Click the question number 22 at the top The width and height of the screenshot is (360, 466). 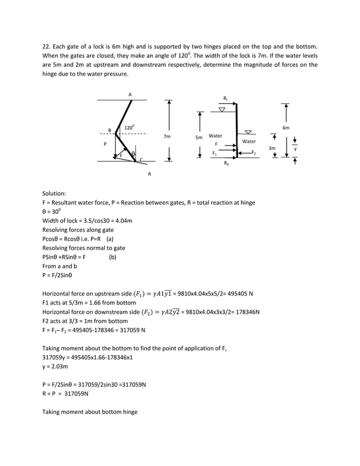46,46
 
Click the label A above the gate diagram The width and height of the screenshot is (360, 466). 130,94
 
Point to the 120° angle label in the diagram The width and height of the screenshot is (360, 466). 129,128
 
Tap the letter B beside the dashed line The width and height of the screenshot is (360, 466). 109,131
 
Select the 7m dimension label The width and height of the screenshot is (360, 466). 167,137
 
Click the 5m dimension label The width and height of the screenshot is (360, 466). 199,137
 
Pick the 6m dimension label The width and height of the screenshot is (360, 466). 286,128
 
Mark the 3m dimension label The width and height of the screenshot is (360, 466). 272,148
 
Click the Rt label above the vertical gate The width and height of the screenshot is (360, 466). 226,98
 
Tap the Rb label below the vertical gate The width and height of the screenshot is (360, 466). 226,163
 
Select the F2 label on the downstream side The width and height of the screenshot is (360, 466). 253,153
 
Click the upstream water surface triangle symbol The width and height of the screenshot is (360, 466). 222,109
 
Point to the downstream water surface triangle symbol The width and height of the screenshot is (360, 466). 248,133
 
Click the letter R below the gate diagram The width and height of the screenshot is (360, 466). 150,174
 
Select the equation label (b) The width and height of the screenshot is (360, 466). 113,257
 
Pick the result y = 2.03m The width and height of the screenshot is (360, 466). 55,366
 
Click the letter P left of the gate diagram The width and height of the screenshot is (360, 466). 105,144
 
